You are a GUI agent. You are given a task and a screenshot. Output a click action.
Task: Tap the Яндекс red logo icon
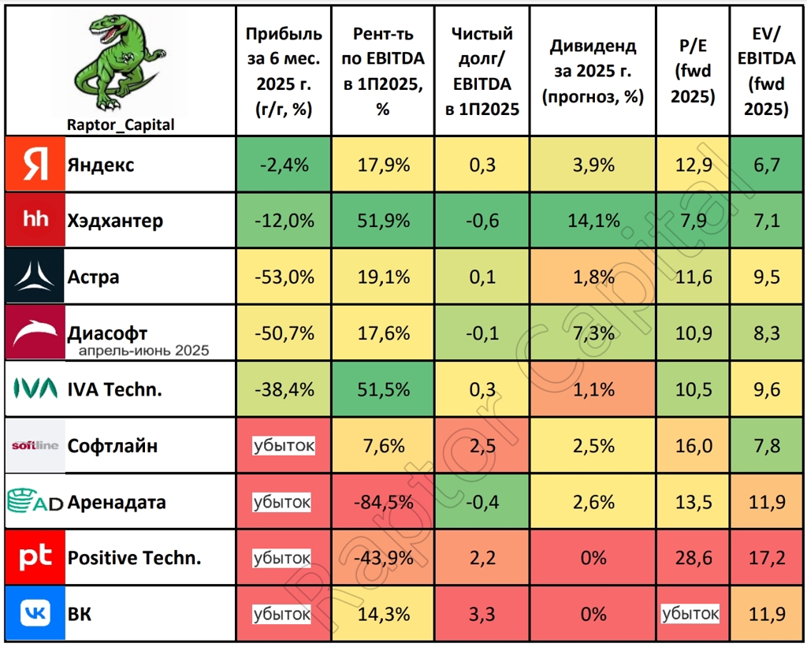pyautogui.click(x=34, y=165)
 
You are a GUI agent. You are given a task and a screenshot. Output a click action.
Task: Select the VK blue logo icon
pyautogui.click(x=34, y=613)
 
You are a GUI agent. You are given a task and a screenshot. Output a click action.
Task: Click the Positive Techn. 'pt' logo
pyautogui.click(x=34, y=557)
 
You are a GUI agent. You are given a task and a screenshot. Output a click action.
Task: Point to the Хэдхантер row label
pyautogui.click(x=115, y=221)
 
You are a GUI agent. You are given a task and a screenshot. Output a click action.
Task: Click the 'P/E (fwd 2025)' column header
pyautogui.click(x=694, y=71)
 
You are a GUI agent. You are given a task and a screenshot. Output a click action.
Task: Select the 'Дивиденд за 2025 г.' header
pyautogui.click(x=593, y=71)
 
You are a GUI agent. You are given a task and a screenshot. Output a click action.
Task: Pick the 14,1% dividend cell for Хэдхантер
pyautogui.click(x=593, y=221)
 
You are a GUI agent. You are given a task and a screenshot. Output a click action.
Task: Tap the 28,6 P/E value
pyautogui.click(x=694, y=558)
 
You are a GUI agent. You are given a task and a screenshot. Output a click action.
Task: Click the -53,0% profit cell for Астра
pyautogui.click(x=284, y=277)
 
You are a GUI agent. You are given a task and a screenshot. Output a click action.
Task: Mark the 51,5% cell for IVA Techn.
pyautogui.click(x=382, y=389)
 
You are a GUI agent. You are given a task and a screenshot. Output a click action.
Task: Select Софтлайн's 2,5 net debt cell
pyautogui.click(x=482, y=446)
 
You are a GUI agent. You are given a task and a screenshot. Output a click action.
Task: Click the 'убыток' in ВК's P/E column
pyautogui.click(x=691, y=613)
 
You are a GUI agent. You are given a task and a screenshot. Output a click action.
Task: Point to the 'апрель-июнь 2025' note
pyautogui.click(x=144, y=350)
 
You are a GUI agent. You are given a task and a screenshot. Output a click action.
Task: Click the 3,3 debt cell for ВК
pyautogui.click(x=482, y=613)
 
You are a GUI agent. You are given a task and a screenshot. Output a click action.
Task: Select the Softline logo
pyautogui.click(x=34, y=446)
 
